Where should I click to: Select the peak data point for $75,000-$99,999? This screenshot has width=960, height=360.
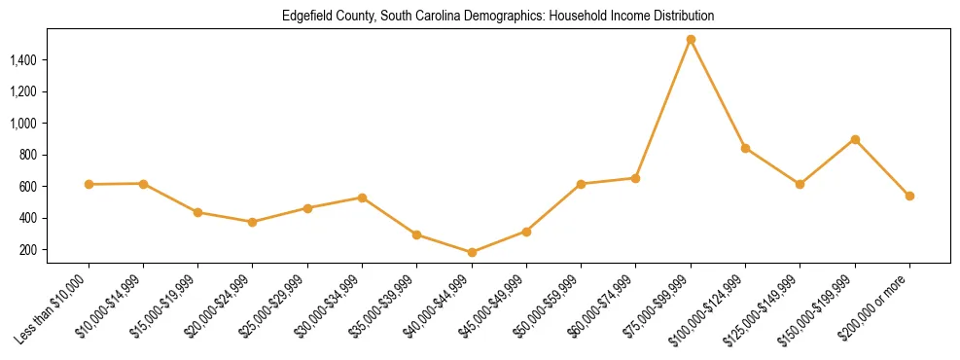[x=691, y=40]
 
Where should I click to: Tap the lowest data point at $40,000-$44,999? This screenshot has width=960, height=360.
[x=472, y=252]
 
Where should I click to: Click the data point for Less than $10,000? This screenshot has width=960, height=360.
[x=89, y=184]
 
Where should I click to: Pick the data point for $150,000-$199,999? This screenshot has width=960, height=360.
[x=855, y=139]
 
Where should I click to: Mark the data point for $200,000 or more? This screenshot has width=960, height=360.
[x=909, y=196]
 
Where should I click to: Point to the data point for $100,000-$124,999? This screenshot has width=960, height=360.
[x=745, y=148]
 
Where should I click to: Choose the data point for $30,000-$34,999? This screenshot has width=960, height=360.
[x=362, y=198]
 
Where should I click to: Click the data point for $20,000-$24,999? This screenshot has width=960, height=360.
[x=253, y=222]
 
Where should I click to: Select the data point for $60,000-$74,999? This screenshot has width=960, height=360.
[x=635, y=178]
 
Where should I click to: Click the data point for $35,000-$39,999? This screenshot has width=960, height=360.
[x=416, y=234]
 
